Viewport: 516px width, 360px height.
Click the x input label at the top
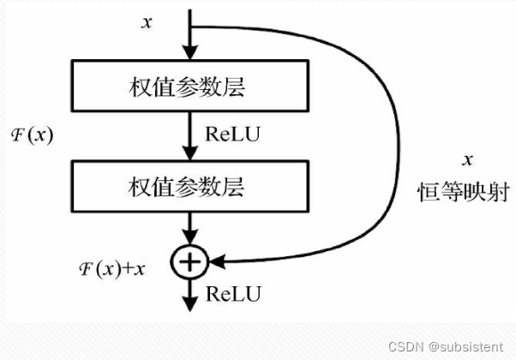(x=147, y=23)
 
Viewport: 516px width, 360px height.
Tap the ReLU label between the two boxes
(x=232, y=134)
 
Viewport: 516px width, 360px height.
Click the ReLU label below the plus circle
(x=233, y=293)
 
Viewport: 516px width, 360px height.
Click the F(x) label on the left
(x=32, y=135)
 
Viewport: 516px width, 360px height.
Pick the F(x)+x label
(x=112, y=269)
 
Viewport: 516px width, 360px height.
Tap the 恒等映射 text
(x=464, y=191)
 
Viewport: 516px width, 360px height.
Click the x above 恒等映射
(x=467, y=160)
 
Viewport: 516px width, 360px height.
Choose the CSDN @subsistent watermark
(x=446, y=347)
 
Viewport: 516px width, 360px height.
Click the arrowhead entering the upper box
(x=190, y=52)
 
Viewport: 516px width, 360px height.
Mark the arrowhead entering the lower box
(x=190, y=153)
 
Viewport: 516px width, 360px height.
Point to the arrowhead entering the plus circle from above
(x=190, y=237)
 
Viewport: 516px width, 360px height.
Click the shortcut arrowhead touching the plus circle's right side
(x=217, y=262)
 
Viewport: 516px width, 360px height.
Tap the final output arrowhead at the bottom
(x=190, y=304)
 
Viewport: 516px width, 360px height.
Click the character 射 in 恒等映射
(x=499, y=191)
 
